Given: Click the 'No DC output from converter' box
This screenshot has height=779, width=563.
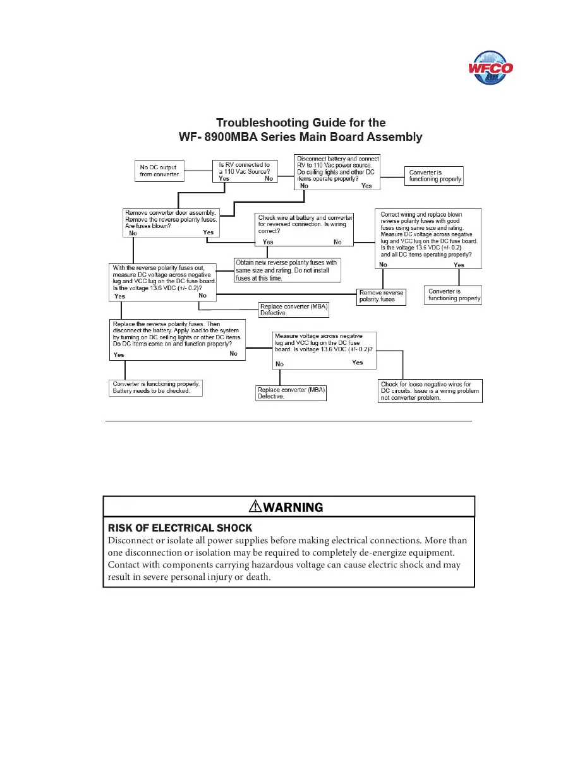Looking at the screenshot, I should (x=159, y=171).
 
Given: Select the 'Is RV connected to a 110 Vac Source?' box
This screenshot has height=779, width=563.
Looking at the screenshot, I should (x=245, y=171).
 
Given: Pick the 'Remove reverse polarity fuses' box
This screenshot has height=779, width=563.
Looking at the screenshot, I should (x=382, y=296).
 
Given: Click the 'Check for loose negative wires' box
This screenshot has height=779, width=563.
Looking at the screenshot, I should (x=430, y=391).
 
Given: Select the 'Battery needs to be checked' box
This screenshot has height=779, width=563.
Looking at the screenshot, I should (x=157, y=388).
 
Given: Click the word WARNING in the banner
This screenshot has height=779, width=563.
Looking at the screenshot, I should (x=293, y=507).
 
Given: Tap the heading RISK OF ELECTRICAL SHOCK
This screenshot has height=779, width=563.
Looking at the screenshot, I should (x=180, y=528).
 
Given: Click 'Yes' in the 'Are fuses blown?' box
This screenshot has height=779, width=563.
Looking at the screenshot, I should (x=209, y=232).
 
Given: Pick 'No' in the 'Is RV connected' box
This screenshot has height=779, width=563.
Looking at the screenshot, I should (x=270, y=179).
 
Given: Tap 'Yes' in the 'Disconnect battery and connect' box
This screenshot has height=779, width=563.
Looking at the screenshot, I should (x=366, y=186).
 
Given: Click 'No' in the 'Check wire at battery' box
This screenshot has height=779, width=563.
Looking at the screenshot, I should (x=337, y=242).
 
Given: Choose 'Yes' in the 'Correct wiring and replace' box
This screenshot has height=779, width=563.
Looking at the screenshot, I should (x=459, y=265).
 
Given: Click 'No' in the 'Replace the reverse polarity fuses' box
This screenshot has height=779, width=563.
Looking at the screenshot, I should (x=233, y=354).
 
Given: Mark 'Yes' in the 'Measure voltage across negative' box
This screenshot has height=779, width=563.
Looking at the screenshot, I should (x=358, y=363).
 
